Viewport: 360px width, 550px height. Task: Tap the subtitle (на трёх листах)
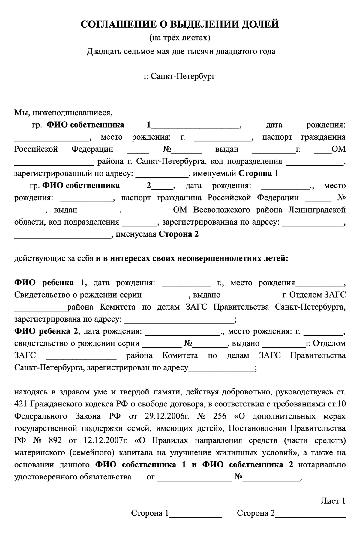click(x=180, y=38)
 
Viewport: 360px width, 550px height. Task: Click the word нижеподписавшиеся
click(x=72, y=113)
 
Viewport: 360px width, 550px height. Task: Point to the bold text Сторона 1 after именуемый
click(x=258, y=174)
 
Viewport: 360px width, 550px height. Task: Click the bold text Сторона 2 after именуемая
click(x=178, y=234)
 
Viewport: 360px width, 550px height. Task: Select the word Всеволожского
click(x=221, y=210)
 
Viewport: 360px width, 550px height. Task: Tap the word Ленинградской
click(x=317, y=210)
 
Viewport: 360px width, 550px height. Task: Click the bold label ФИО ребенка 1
click(x=51, y=283)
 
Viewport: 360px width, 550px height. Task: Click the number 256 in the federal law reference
click(x=220, y=416)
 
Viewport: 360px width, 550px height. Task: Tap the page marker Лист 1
click(x=333, y=501)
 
